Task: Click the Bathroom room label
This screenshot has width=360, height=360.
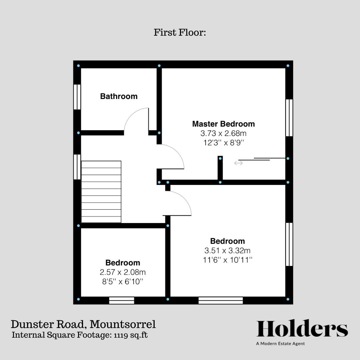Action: [x=119, y=96]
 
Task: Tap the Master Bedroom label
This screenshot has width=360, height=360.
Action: [x=223, y=124]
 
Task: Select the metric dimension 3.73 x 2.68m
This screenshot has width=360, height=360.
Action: [x=223, y=134]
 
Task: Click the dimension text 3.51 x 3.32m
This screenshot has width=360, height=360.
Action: [x=227, y=250]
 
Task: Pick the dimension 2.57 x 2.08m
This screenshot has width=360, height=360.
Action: [x=123, y=272]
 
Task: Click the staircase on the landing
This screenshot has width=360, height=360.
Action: [x=101, y=192]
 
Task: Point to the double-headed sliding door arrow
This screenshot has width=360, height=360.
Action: [x=238, y=163]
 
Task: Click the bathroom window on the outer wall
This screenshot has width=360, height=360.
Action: [x=77, y=97]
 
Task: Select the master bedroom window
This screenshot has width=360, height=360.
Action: [x=289, y=118]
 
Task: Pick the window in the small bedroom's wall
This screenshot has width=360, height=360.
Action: [x=122, y=300]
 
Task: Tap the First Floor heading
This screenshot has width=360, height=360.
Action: [x=180, y=33]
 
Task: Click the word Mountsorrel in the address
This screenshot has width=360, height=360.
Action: [x=123, y=324]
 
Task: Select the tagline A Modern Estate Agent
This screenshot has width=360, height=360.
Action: [x=280, y=343]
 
